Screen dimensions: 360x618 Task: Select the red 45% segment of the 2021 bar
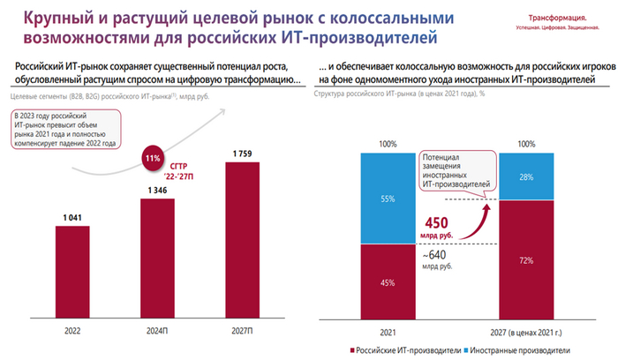click(x=387, y=281)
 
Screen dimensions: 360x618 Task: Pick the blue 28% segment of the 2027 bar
click(x=527, y=176)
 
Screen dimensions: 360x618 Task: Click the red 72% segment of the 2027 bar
click(x=527, y=261)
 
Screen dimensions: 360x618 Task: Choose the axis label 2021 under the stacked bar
click(x=387, y=331)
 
